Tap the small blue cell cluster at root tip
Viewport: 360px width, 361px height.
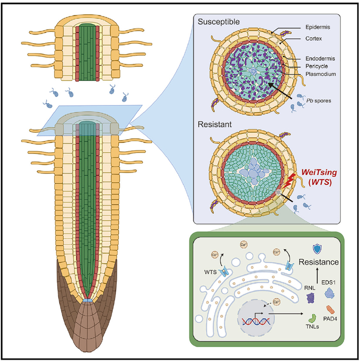(89, 300)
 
